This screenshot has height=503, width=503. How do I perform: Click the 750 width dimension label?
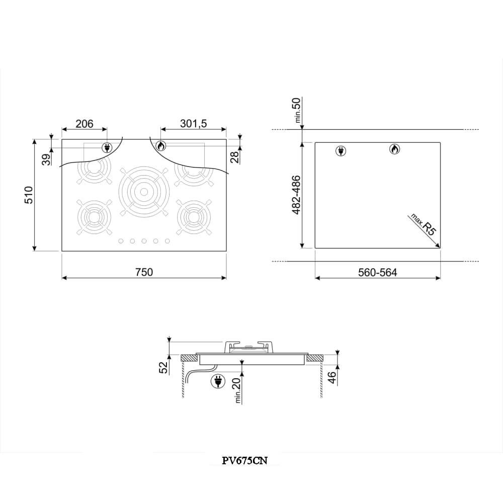(144, 272)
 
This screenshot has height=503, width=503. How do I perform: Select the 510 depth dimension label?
(29, 195)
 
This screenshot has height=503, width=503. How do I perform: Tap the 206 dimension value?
(85, 124)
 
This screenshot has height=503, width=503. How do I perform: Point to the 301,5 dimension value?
(194, 124)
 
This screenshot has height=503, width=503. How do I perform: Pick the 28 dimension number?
(235, 157)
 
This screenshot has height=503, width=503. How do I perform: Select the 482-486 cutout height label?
(296, 195)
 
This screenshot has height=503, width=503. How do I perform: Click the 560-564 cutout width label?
(378, 272)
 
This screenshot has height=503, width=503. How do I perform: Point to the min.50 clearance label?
(297, 110)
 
